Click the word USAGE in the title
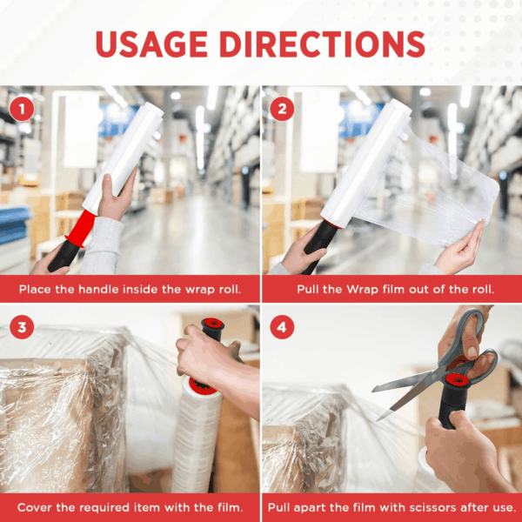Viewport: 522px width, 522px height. pyautogui.click(x=151, y=44)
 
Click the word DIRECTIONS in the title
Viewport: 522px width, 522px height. pyautogui.click(x=322, y=44)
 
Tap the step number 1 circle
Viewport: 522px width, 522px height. pyautogui.click(x=22, y=109)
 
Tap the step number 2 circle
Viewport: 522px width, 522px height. pyautogui.click(x=282, y=109)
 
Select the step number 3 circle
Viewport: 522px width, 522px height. pyautogui.click(x=22, y=327)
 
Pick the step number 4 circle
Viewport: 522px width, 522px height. pyautogui.click(x=282, y=327)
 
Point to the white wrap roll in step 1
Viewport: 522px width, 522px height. pyautogui.click(x=124, y=157)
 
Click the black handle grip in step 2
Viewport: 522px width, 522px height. pyautogui.click(x=320, y=246)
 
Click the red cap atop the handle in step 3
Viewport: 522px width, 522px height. pyautogui.click(x=212, y=324)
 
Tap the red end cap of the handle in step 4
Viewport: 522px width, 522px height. pyautogui.click(x=457, y=379)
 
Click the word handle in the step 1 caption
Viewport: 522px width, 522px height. pyautogui.click(x=97, y=289)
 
